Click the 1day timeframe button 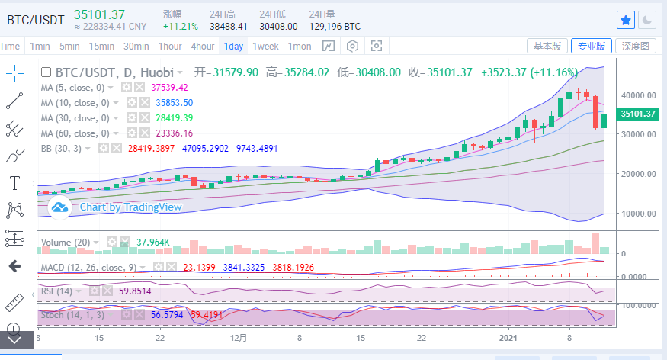(x=233, y=46)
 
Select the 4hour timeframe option (x=203, y=46)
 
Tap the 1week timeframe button (x=265, y=46)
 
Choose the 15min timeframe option (x=101, y=46)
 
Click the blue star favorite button (x=625, y=20)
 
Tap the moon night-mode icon (x=646, y=20)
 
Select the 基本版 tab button (x=547, y=46)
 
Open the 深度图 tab (x=635, y=46)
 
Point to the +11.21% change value (x=180, y=26)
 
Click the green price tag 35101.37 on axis (x=638, y=114)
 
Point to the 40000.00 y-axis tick (x=639, y=95)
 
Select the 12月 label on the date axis (x=239, y=336)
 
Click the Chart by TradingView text (x=130, y=207)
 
